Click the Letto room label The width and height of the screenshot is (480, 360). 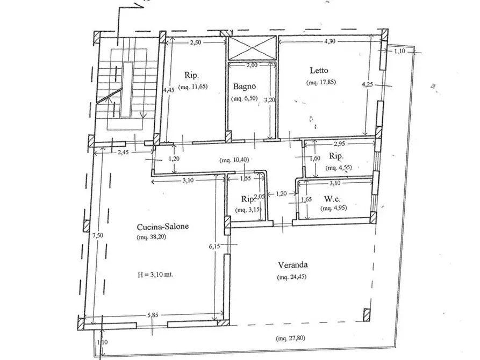tap(319, 70)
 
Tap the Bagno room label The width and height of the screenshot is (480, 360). tap(244, 87)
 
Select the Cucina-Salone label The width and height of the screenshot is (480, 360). tap(162, 227)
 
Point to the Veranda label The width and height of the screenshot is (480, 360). tap(292, 265)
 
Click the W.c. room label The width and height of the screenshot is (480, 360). tap(332, 199)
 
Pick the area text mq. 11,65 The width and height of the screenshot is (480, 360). tap(193, 87)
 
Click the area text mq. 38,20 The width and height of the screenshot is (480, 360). tap(152, 236)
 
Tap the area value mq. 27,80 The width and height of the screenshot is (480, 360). tap(290, 339)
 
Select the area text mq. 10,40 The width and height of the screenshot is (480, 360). tap(234, 160)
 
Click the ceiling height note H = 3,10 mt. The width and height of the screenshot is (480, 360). tap(155, 275)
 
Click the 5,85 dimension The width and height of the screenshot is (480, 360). tap(153, 315)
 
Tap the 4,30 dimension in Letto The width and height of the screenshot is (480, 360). tap(329, 41)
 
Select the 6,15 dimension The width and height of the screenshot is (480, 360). tap(214, 246)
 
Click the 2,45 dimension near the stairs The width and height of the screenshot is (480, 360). tap(123, 152)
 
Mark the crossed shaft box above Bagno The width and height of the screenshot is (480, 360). tap(252, 48)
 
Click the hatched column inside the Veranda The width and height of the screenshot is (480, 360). tap(367, 315)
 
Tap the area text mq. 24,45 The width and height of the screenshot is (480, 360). tap(292, 277)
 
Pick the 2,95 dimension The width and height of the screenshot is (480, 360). tap(339, 143)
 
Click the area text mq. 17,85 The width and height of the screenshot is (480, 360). tap(321, 82)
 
